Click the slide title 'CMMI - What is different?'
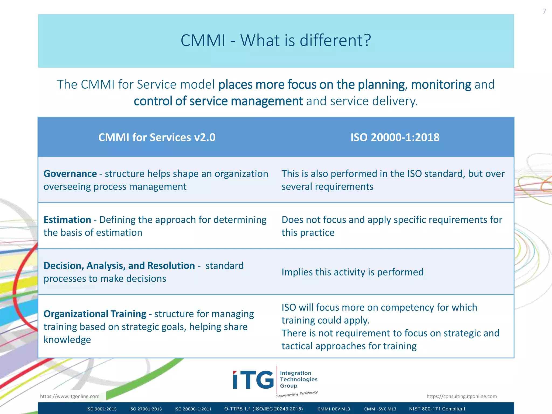point(276,40)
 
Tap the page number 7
point(544,11)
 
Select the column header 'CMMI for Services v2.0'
point(157,137)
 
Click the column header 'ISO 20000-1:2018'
point(395,137)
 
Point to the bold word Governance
point(70,174)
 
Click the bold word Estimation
point(67,220)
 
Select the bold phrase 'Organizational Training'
point(95,314)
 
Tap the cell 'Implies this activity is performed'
point(353,272)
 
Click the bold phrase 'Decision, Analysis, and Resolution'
point(119,266)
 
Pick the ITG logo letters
point(253,380)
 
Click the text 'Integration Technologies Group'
point(298,379)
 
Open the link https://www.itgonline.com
point(70,396)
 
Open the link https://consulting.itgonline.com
point(461,396)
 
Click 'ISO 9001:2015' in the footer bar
point(102,409)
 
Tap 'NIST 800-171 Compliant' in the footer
point(437,409)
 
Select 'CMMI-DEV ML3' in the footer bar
point(334,409)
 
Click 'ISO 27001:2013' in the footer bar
point(146,409)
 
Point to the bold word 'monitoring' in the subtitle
point(441,85)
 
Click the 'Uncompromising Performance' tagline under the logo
point(296,394)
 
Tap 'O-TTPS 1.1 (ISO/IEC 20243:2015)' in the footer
point(264,409)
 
